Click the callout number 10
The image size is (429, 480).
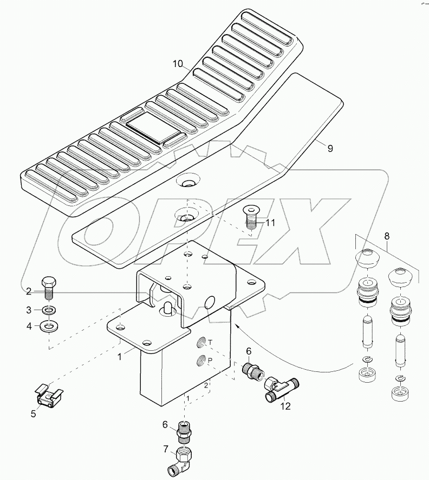178,64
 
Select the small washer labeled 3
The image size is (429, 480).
49,311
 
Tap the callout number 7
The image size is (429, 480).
166,449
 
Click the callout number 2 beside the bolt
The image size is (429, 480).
29,291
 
